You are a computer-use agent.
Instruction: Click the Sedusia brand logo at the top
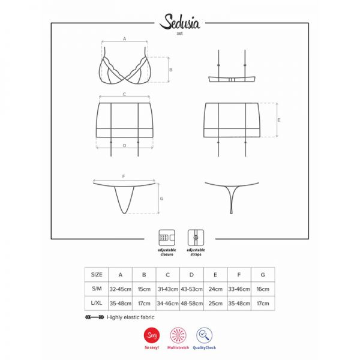click(179, 22)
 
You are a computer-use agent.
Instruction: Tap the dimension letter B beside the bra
click(170, 70)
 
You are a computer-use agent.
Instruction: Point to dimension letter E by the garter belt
click(279, 120)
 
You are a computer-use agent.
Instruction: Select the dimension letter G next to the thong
click(161, 199)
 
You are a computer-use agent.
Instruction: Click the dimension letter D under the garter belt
click(124, 145)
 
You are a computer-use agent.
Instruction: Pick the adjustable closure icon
click(167, 238)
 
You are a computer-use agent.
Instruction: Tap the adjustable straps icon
click(196, 238)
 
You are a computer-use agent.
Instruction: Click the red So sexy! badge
click(152, 335)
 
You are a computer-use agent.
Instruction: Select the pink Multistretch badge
click(178, 335)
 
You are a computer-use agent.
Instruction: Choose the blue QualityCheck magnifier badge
click(205, 335)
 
